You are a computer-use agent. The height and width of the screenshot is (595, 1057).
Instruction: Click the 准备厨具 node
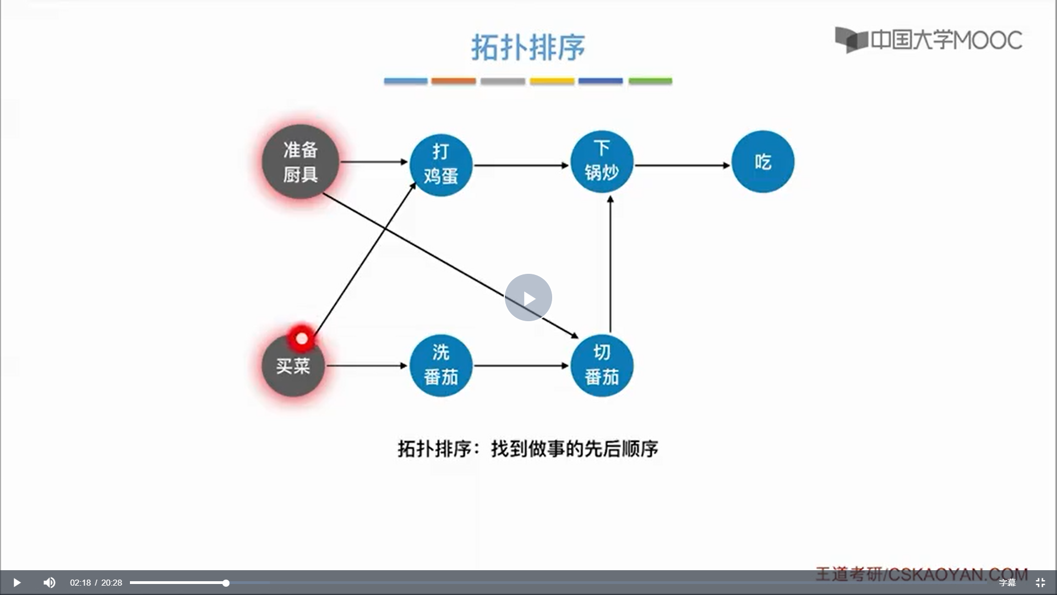300,162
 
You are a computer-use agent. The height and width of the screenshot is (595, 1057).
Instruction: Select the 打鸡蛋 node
441,165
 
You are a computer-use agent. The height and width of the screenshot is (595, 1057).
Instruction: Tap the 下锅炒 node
602,161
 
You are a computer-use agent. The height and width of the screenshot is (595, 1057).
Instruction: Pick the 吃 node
762,161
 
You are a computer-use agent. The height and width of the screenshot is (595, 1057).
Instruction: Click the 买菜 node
293,366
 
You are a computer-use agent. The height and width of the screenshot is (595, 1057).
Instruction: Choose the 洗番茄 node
441,365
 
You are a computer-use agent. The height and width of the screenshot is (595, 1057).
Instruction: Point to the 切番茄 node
602,365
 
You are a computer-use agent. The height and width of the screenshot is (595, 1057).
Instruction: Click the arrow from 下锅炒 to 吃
683,165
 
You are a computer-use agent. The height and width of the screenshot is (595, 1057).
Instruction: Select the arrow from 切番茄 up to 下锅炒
610,264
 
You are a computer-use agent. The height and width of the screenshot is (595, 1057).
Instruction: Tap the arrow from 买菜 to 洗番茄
367,365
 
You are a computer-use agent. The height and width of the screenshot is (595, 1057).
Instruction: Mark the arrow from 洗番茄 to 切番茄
521,365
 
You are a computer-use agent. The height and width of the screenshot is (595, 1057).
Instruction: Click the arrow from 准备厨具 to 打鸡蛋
374,162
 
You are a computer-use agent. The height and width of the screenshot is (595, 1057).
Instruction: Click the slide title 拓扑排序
528,47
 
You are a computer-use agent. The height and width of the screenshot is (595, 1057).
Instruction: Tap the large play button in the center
528,297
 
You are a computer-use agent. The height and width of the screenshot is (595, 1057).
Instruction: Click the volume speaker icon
50,582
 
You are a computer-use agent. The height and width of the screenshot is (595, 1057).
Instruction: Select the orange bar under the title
453,81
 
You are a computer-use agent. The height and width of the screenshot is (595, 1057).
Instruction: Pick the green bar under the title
650,81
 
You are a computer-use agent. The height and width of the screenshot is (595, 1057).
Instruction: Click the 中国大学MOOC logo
929,40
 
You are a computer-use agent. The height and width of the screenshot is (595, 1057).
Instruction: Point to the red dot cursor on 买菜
302,338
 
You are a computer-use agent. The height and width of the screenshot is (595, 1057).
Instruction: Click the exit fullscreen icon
1040,582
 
